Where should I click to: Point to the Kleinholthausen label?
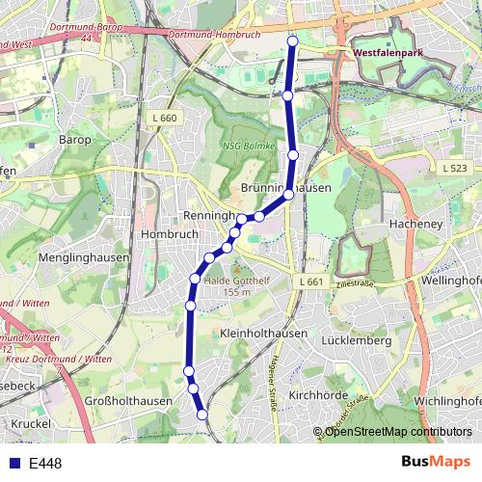(263, 333)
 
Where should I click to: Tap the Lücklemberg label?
(356, 340)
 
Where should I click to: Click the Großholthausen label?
(128, 400)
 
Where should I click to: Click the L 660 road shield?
(166, 118)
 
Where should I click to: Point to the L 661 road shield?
(310, 281)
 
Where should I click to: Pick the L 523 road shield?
(454, 168)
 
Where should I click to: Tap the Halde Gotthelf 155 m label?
(235, 285)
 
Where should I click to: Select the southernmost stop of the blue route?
(202, 415)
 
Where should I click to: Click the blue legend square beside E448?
(15, 464)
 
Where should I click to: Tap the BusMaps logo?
(436, 462)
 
